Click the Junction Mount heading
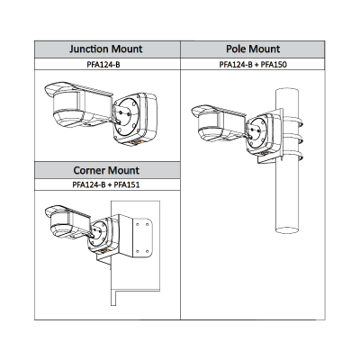pyautogui.click(x=106, y=49)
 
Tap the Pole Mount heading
pyautogui.click(x=253, y=49)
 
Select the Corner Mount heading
pyautogui.click(x=106, y=170)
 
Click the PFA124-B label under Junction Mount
pyautogui.click(x=103, y=65)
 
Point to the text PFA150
pyautogui.click(x=274, y=65)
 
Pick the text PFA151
pyautogui.click(x=127, y=184)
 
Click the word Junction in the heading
pyautogui.click(x=89, y=49)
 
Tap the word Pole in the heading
pyautogui.click(x=236, y=49)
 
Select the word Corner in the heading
pyautogui.click(x=88, y=170)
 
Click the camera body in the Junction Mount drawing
pyautogui.click(x=78, y=103)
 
